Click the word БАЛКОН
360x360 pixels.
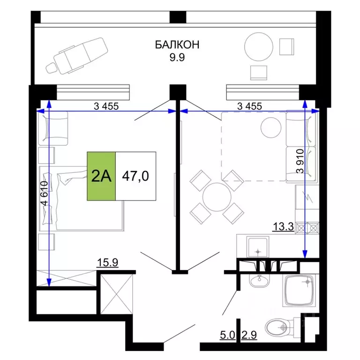pos(177,45)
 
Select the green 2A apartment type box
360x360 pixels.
pos(101,176)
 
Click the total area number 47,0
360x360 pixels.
pos(135,176)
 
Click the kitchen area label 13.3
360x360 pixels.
pos(283,228)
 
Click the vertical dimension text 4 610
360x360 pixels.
pos(45,194)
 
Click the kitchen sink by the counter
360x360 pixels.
pos(258,248)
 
